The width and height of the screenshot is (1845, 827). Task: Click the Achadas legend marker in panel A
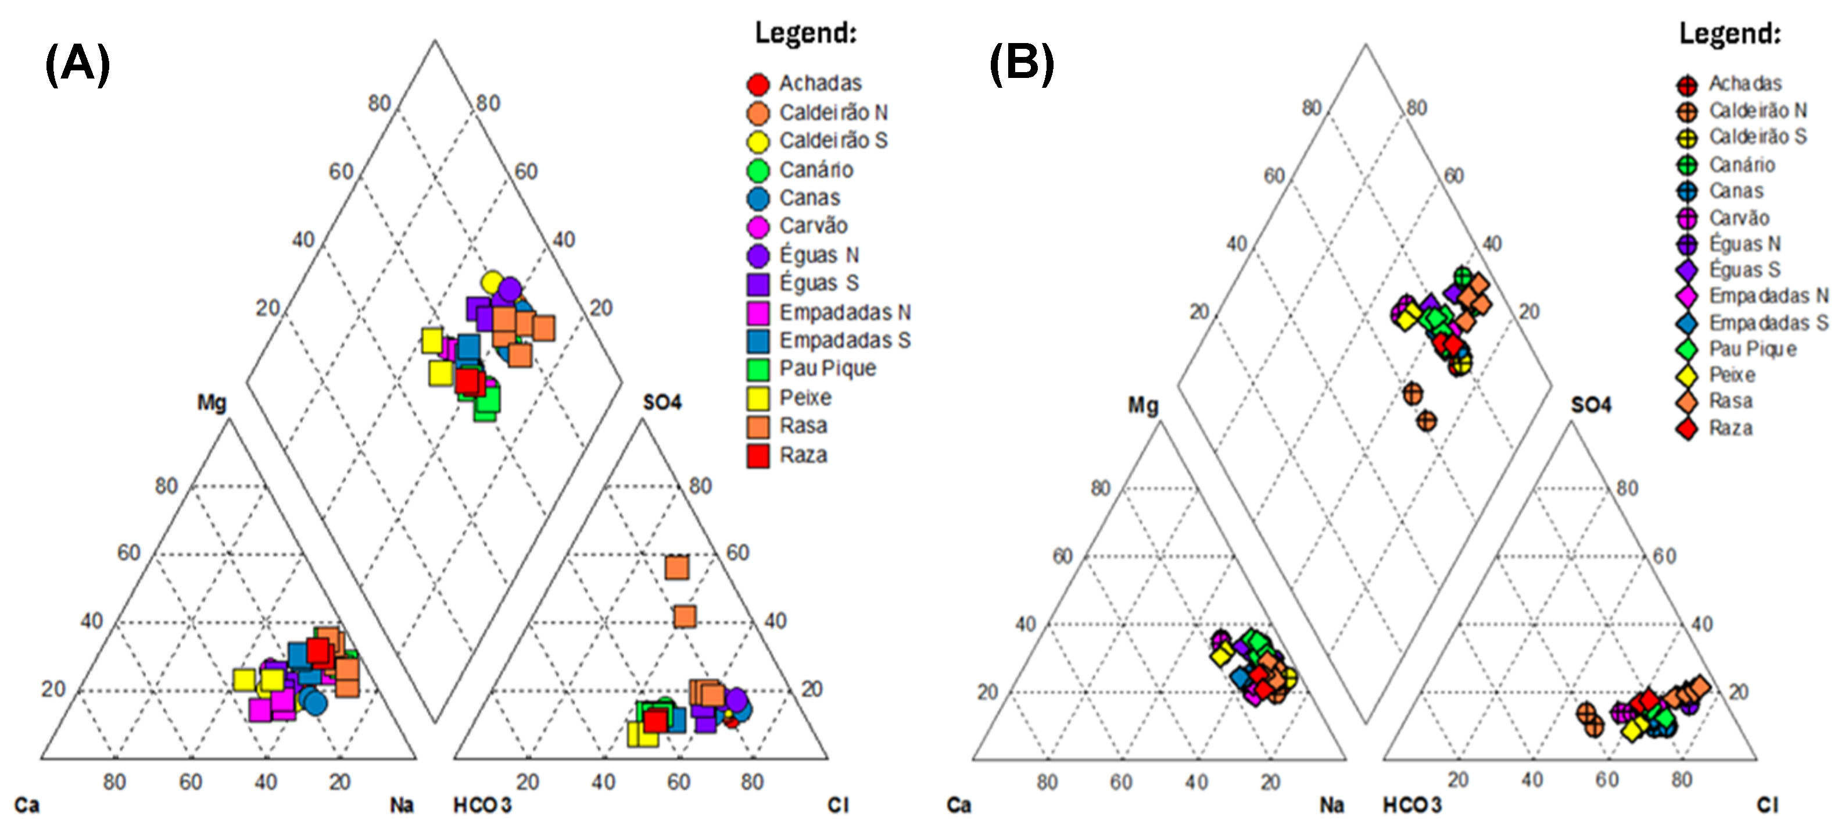point(758,84)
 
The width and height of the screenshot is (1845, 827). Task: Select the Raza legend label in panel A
point(803,455)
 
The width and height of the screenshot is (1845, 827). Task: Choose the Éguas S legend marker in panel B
point(1687,270)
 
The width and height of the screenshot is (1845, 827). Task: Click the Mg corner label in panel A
point(212,403)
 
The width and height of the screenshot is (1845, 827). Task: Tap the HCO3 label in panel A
point(482,805)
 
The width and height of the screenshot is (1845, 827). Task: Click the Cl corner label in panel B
point(1767,805)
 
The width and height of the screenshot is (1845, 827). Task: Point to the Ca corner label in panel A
point(27,805)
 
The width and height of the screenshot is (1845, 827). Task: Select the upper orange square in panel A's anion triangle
point(677,568)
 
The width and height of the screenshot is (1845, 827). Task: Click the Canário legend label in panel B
point(1742,165)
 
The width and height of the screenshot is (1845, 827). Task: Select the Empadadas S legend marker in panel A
point(758,340)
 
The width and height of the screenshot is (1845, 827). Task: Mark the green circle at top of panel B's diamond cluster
point(1463,277)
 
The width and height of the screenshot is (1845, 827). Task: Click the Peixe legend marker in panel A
point(758,398)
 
